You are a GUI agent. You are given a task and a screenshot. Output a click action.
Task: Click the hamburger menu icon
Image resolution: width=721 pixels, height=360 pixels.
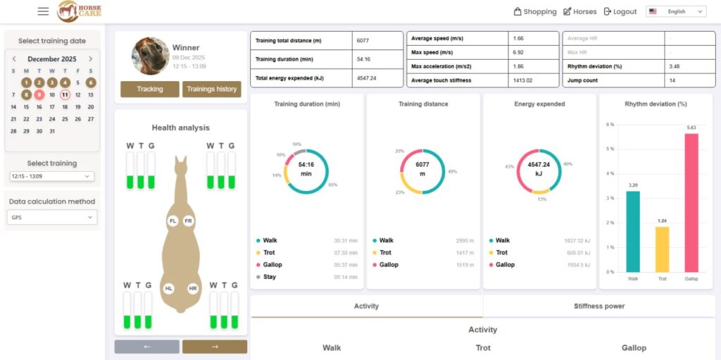tap(43, 11)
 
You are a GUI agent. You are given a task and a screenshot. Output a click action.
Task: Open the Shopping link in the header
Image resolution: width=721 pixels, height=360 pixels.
tap(535, 11)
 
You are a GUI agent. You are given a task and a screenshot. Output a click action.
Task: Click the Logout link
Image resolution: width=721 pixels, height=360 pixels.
tap(620, 11)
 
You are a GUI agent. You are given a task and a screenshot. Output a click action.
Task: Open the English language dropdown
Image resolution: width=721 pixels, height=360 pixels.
tap(676, 11)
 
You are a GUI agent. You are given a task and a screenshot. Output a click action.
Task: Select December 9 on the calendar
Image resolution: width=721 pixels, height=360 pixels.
tap(39, 94)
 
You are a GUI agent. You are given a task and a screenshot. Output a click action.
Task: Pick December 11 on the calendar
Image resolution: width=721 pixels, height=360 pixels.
tap(65, 94)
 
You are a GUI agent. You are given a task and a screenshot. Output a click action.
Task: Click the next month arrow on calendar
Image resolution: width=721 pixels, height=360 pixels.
tap(90, 59)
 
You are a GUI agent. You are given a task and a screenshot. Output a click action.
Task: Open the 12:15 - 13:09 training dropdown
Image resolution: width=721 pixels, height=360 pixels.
tap(52, 176)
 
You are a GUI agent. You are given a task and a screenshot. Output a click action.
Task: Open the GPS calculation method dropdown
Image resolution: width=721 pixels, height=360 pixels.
tap(52, 218)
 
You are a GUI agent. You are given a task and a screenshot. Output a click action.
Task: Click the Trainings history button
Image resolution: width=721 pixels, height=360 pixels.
tap(211, 89)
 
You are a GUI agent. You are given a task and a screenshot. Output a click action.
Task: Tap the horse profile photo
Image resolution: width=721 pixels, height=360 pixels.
tap(150, 55)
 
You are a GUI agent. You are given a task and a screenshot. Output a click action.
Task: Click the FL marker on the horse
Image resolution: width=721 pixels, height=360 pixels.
tap(173, 221)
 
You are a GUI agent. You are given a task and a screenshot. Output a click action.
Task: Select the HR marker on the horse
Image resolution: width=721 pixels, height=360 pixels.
tap(193, 289)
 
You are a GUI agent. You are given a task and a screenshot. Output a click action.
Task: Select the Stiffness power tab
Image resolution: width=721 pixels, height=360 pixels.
tap(598, 306)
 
